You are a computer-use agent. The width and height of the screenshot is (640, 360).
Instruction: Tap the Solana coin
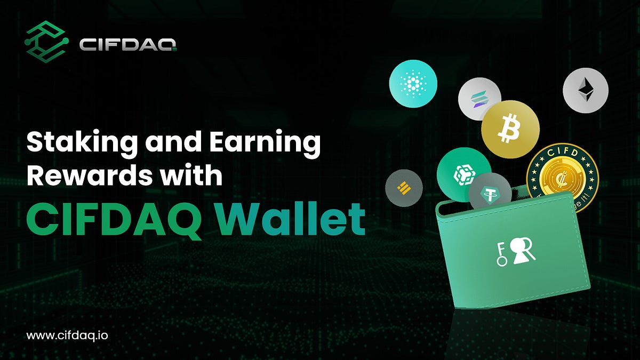click(479, 99)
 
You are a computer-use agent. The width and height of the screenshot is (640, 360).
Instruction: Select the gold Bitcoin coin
click(510, 129)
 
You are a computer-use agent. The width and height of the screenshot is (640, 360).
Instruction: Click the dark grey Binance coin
click(404, 188)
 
